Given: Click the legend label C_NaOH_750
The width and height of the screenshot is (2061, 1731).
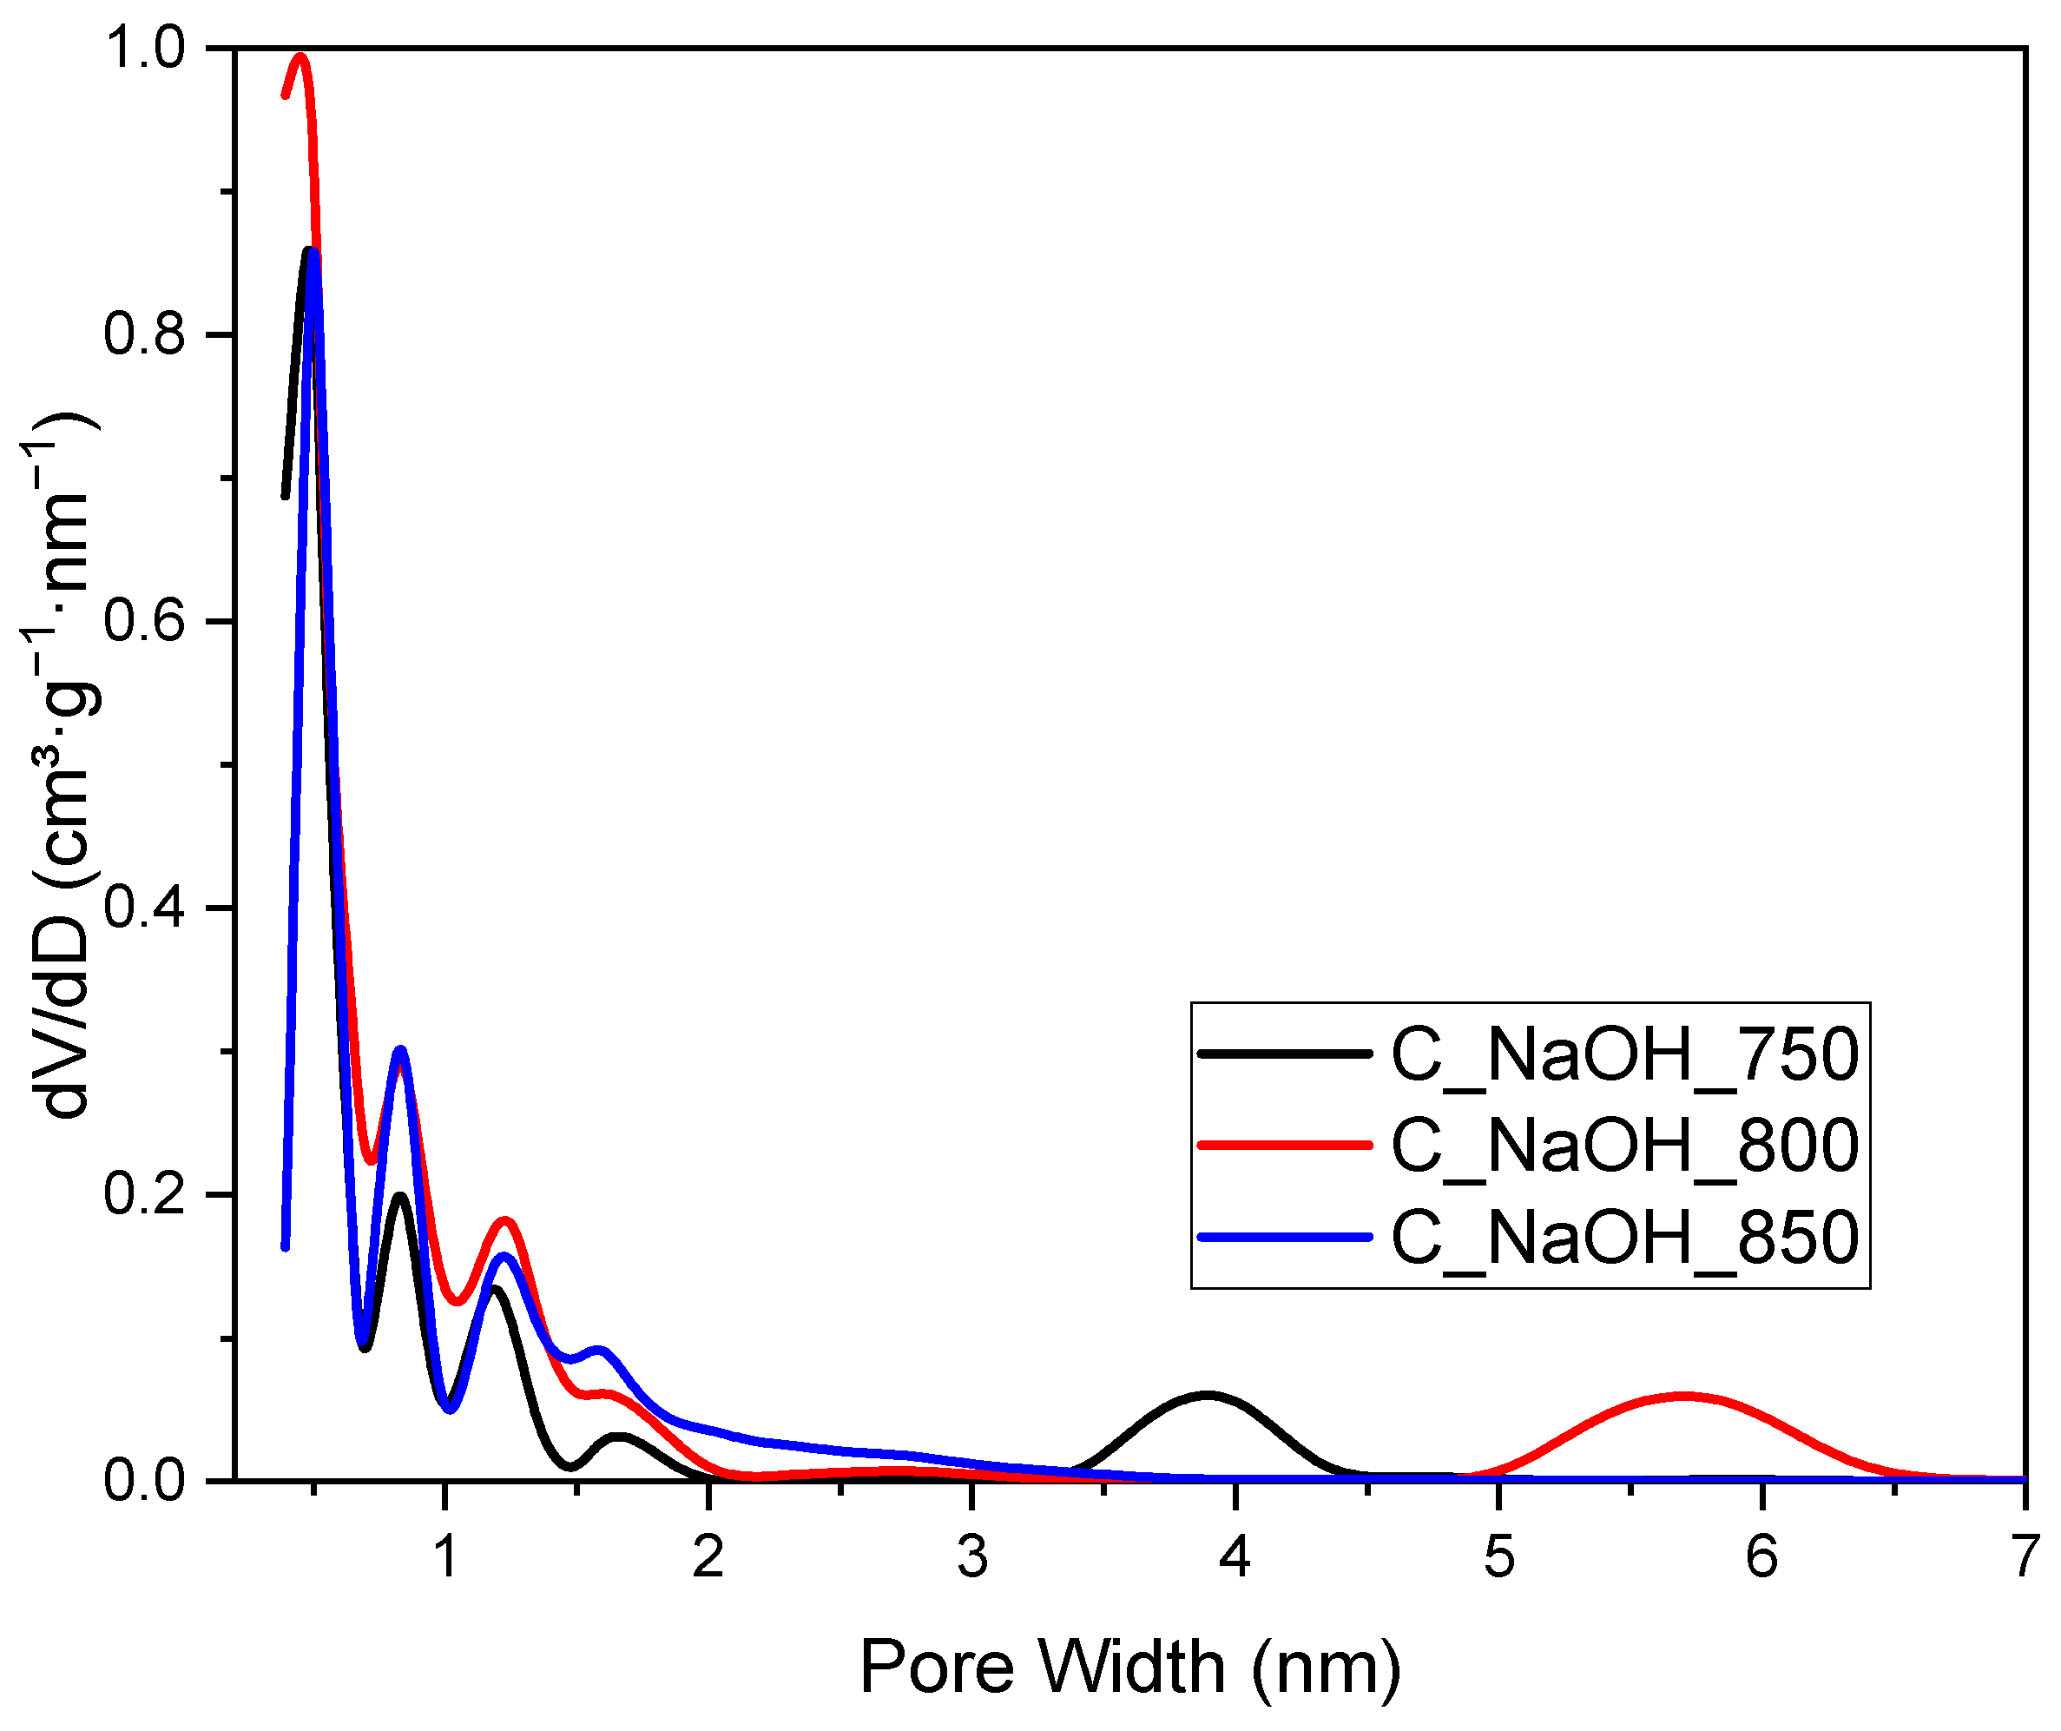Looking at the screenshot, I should click(1624, 1055).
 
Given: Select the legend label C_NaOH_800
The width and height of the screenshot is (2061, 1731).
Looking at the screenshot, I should click(1624, 1146).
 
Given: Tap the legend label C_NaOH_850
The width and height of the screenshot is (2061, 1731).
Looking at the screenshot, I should click(1624, 1237).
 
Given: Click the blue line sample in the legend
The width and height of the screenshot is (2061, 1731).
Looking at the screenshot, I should click(1284, 1237).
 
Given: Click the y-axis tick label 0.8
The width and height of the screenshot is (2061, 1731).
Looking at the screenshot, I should click(144, 334).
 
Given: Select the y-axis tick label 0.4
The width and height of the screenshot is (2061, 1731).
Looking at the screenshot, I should click(144, 908).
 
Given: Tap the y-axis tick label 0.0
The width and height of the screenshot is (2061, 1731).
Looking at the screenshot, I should click(144, 1481).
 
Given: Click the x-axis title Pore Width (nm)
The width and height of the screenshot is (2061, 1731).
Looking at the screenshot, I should click(1130, 1668).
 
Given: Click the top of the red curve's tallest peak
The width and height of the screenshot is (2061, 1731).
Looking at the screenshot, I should click(300, 57).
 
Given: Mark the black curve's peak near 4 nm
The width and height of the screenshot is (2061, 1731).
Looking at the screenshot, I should click(1207, 1394).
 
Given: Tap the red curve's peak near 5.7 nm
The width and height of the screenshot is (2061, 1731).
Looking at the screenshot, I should click(1682, 1395).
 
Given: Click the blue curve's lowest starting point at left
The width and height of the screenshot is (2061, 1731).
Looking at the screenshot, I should click(286, 1248).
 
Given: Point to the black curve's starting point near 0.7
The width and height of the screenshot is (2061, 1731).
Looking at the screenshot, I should click(286, 497).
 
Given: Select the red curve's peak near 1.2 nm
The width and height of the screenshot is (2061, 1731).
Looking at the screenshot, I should click(505, 1220).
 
